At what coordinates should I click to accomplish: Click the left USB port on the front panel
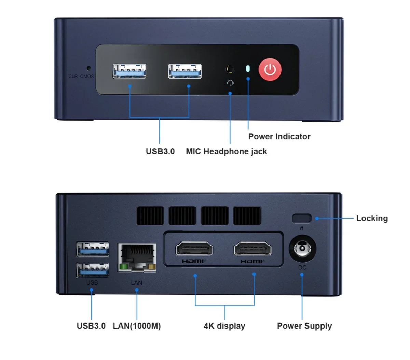(129, 71)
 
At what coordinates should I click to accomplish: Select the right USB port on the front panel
(185, 71)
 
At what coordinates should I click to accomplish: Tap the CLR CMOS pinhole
(88, 68)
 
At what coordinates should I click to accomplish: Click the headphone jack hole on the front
(230, 69)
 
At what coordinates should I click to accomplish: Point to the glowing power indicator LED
(248, 69)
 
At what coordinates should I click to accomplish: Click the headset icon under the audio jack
(230, 83)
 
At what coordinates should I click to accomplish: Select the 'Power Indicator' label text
(279, 137)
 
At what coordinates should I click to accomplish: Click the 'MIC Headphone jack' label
(227, 152)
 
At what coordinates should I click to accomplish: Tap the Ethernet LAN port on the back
(137, 258)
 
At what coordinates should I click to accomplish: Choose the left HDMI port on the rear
(194, 248)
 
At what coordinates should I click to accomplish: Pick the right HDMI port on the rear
(252, 248)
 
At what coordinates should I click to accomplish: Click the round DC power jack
(302, 249)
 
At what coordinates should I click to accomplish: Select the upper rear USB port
(93, 249)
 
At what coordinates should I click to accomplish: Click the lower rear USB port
(93, 270)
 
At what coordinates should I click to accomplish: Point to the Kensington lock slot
(302, 219)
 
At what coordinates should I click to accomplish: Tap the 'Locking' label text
(372, 218)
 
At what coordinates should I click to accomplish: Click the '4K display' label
(224, 326)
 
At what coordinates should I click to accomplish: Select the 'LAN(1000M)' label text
(137, 326)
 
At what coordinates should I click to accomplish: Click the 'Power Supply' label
(304, 326)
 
